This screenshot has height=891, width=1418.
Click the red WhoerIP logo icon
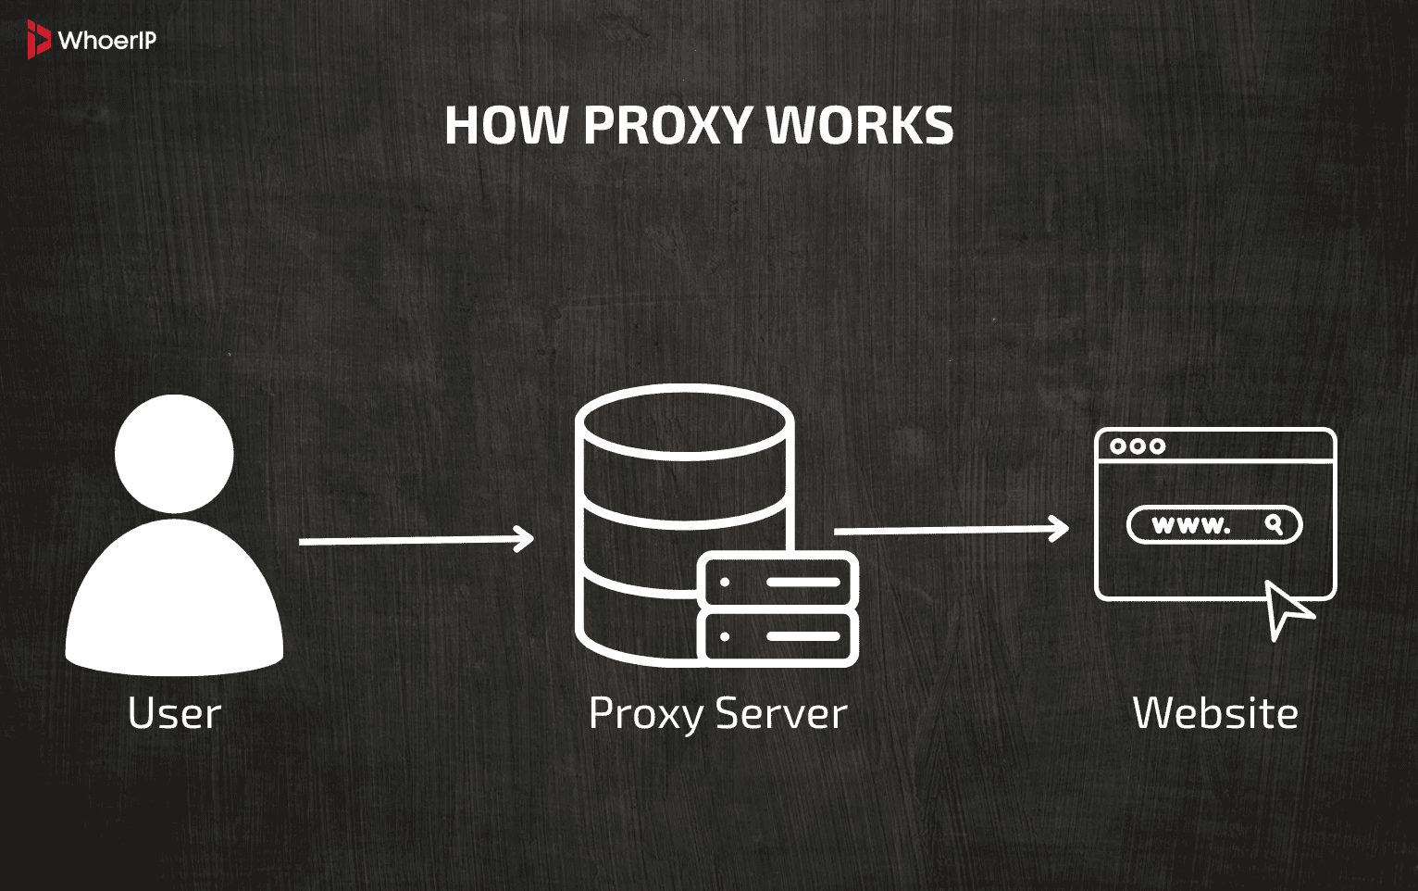[38, 40]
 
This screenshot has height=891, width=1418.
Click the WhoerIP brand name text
[106, 41]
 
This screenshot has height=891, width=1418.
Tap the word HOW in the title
[505, 126]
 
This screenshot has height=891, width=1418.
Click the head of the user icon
[174, 453]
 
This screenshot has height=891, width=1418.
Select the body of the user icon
[174, 602]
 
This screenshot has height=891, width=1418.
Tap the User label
[174, 713]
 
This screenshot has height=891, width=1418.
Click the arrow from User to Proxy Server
[417, 540]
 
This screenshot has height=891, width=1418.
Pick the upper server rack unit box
[778, 582]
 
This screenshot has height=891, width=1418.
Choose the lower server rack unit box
[778, 636]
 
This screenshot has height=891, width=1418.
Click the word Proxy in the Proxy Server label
[646, 714]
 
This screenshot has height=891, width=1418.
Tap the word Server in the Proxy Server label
[781, 714]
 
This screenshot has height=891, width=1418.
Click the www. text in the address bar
[1190, 525]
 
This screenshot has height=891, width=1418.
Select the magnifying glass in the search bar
[1275, 524]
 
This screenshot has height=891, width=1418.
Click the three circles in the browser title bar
[1137, 446]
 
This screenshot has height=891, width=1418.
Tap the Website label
[1215, 713]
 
